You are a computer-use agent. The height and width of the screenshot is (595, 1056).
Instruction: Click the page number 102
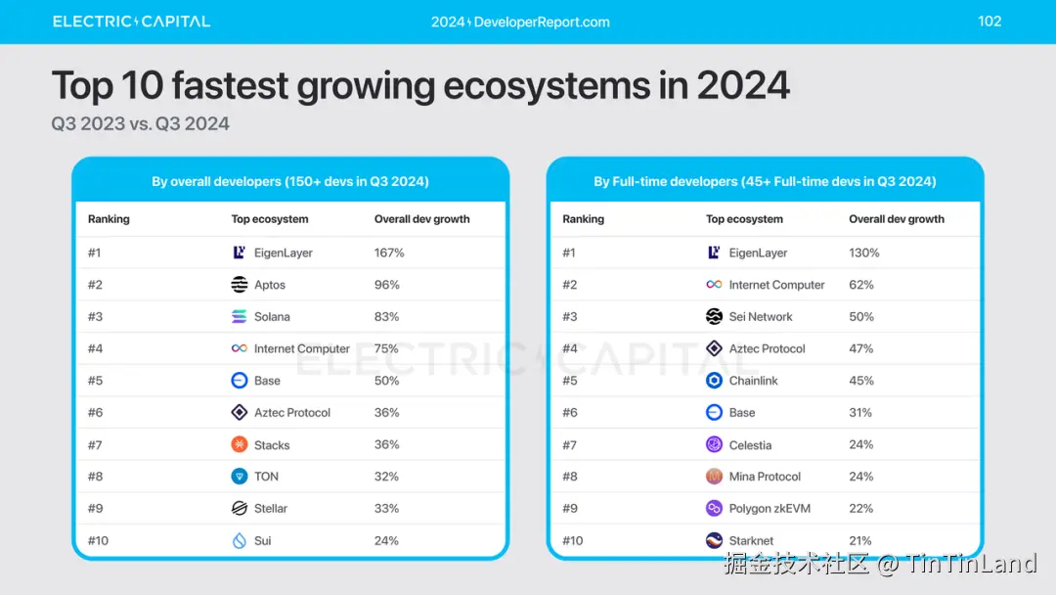990,22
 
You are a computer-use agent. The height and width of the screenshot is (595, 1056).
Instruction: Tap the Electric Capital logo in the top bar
131,22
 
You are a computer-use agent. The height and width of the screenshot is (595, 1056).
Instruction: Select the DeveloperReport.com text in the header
520,22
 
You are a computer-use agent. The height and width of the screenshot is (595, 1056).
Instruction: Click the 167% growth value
389,252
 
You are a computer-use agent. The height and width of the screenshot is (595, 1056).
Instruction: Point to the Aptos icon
240,285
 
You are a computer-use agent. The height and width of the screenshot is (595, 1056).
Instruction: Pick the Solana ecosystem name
272,317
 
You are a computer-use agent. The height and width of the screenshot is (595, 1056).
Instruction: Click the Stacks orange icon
240,444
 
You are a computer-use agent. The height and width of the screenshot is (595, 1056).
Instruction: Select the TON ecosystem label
266,477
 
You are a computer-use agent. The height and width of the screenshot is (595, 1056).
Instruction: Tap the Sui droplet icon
240,540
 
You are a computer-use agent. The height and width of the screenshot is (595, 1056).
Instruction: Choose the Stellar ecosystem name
271,509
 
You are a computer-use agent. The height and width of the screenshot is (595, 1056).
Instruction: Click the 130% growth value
864,252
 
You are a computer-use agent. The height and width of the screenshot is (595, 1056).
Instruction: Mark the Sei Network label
761,317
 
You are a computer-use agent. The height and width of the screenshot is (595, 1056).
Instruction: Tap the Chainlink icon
714,381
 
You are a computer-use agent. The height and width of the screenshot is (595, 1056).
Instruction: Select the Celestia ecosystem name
750,445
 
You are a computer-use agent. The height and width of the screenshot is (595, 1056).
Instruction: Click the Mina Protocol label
765,477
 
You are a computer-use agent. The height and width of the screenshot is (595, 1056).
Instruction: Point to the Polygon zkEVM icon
714,509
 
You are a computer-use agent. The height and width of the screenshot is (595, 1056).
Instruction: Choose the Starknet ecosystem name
751,541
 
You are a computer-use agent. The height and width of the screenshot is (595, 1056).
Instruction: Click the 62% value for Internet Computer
861,285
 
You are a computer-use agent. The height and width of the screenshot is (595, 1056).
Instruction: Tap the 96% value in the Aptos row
386,285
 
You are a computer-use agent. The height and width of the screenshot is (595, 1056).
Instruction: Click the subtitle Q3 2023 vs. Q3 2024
141,124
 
